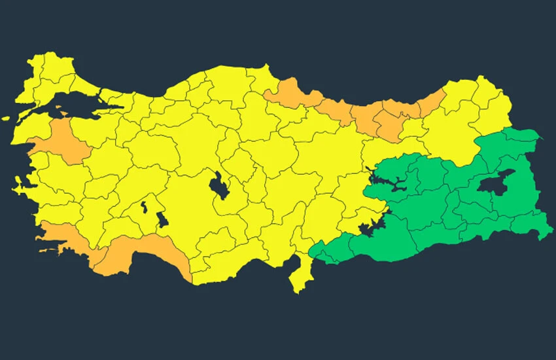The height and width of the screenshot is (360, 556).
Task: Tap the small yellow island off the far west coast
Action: pos(6,119)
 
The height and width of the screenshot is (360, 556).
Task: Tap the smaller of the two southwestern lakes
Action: pos(143,209)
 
